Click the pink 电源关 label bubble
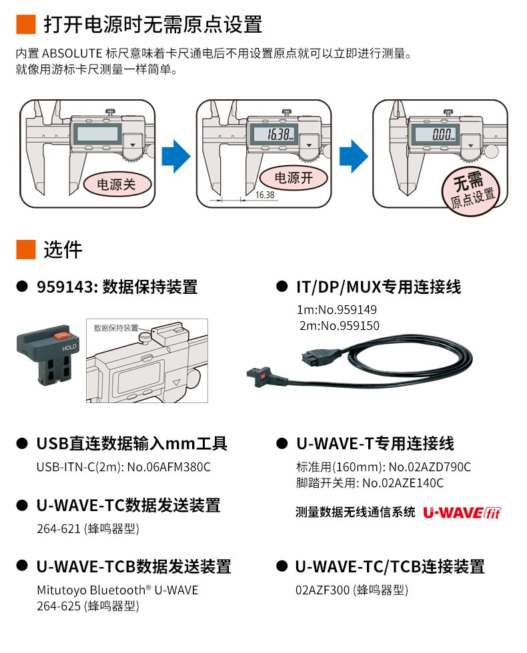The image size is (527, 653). [116, 184]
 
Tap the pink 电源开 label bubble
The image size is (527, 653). [294, 177]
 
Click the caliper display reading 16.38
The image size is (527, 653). [276, 134]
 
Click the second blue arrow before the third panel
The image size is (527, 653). [354, 155]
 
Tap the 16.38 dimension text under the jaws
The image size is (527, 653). [265, 195]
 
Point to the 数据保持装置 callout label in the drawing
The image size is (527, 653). [116, 327]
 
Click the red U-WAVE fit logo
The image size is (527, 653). [462, 512]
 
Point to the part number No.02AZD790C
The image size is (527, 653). [430, 466]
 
